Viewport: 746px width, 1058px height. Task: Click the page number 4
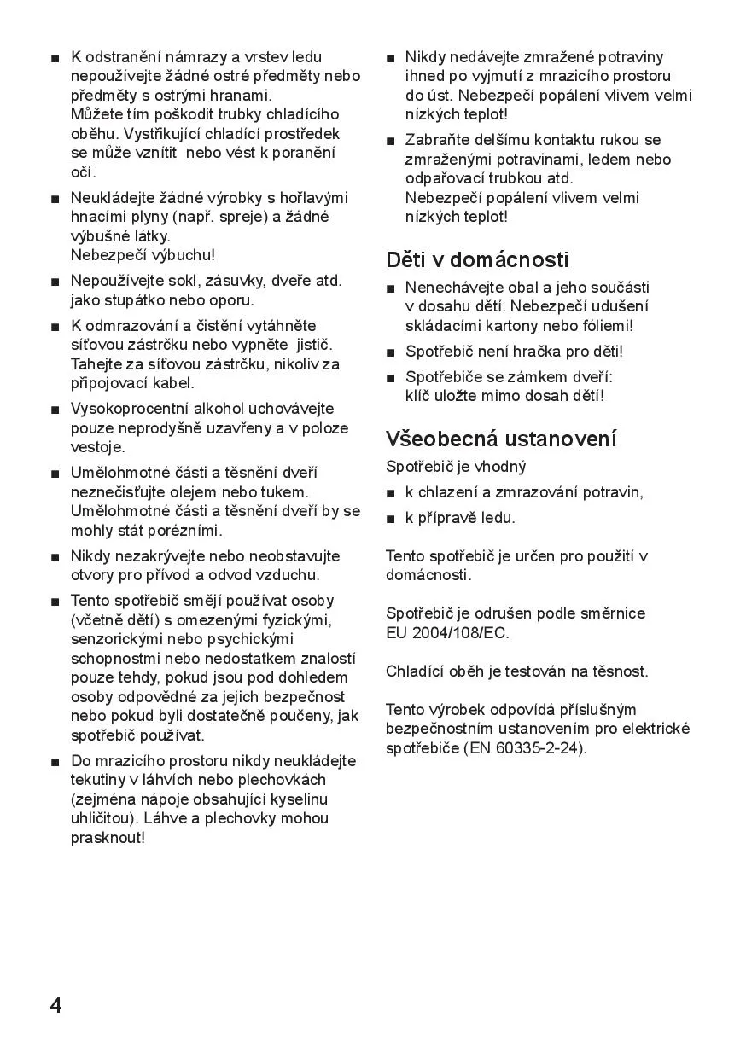click(55, 1005)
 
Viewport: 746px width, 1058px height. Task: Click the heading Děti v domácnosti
click(476, 259)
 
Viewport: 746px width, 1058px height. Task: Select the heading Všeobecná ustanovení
click(501, 439)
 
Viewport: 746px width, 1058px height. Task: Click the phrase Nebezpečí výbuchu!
click(143, 255)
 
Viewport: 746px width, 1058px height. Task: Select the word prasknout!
click(108, 837)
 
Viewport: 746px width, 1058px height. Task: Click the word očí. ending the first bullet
click(83, 172)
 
